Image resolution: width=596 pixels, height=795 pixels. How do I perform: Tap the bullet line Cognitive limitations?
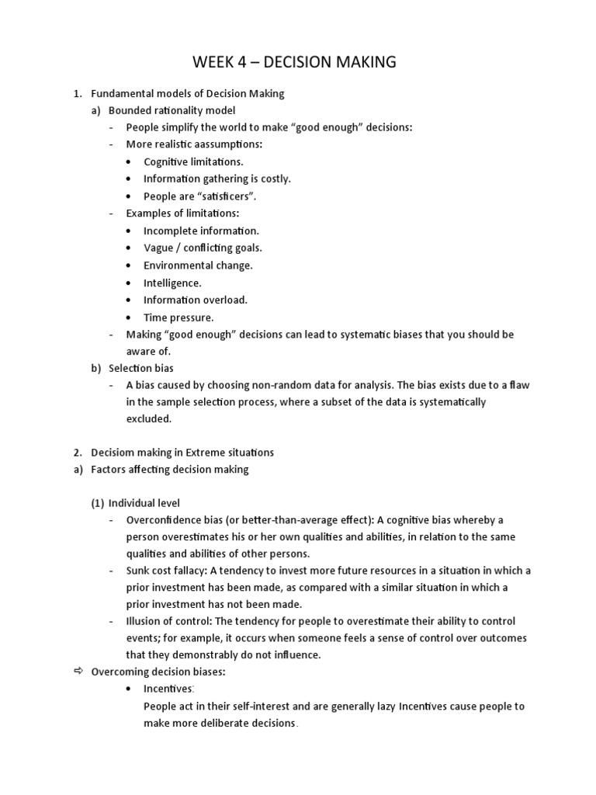(x=193, y=161)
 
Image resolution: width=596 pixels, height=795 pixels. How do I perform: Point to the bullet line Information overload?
(x=195, y=300)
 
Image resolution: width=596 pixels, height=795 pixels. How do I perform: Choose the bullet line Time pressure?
(x=178, y=318)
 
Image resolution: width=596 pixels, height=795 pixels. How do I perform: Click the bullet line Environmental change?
(x=198, y=266)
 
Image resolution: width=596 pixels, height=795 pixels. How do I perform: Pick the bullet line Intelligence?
(x=172, y=283)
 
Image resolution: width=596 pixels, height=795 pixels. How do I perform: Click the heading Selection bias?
(x=141, y=368)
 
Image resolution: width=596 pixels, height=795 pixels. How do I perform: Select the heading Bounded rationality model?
(x=172, y=110)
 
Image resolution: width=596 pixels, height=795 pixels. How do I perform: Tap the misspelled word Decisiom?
(x=115, y=452)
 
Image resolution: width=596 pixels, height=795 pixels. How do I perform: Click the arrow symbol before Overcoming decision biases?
(x=78, y=672)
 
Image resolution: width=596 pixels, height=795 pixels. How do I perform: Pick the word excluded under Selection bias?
(x=148, y=418)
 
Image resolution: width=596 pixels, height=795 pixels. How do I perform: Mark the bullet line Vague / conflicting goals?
(x=203, y=248)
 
